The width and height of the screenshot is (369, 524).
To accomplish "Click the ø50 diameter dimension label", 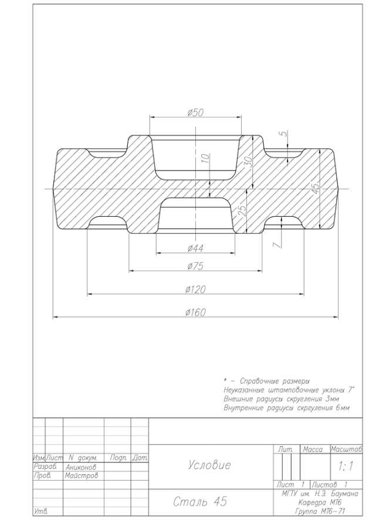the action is [x=195, y=113].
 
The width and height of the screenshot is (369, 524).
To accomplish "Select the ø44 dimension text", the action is [x=195, y=248].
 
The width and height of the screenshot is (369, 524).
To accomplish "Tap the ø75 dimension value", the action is [x=195, y=266].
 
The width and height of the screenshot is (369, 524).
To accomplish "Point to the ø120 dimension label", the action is [x=195, y=289].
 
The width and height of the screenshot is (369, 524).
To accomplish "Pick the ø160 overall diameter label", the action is [x=195, y=312].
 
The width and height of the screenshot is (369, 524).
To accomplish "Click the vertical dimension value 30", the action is [x=247, y=161].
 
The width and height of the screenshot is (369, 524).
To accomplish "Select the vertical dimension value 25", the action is [x=242, y=210].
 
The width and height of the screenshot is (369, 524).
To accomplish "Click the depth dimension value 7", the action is [x=277, y=245].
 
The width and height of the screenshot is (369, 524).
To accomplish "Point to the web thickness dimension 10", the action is [x=206, y=158].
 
